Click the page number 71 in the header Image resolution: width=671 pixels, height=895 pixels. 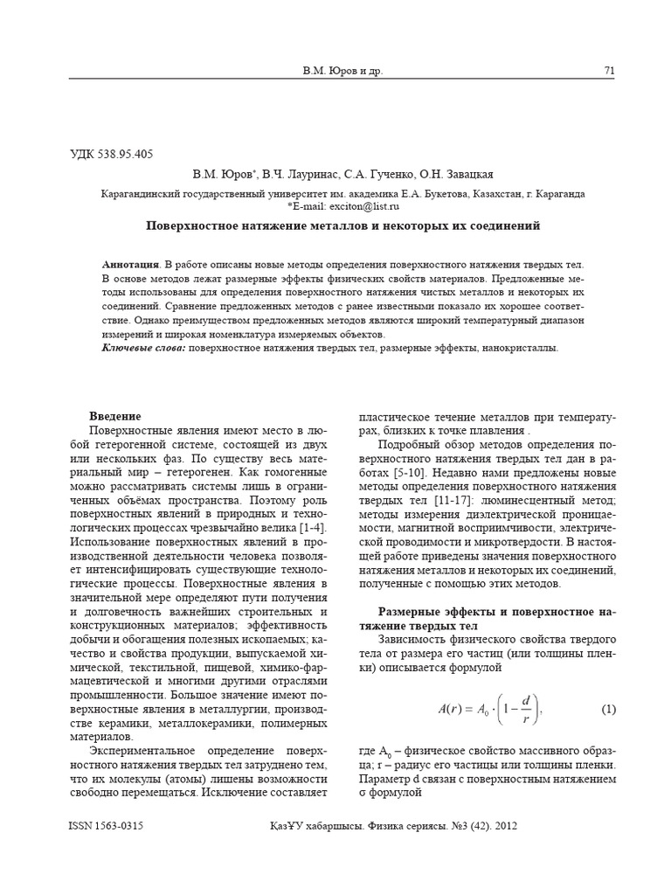point(609,70)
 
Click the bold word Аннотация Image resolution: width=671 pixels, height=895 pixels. point(130,264)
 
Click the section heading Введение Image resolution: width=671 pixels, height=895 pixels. point(115,416)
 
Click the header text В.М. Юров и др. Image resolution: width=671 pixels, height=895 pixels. point(342,70)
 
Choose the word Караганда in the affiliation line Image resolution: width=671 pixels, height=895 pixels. point(559,194)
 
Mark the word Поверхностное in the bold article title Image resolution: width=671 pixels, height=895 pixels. point(185,225)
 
